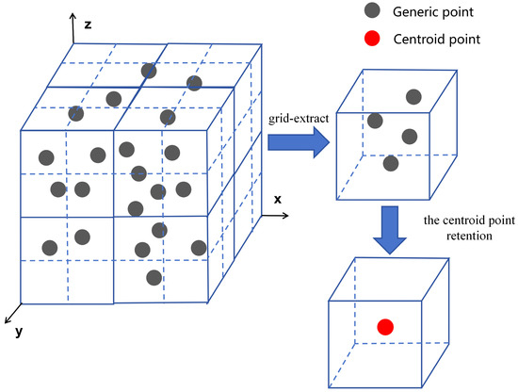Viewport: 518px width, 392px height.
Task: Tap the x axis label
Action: tap(278, 200)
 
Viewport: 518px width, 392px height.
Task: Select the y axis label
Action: tap(19, 333)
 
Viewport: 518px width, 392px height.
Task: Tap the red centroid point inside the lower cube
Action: tap(384, 327)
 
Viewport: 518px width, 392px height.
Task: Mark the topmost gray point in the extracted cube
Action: tap(413, 96)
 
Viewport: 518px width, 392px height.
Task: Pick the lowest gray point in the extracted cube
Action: tap(391, 163)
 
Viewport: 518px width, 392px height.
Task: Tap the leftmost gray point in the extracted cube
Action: tap(375, 121)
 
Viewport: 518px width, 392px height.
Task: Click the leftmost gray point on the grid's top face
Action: tap(76, 113)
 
